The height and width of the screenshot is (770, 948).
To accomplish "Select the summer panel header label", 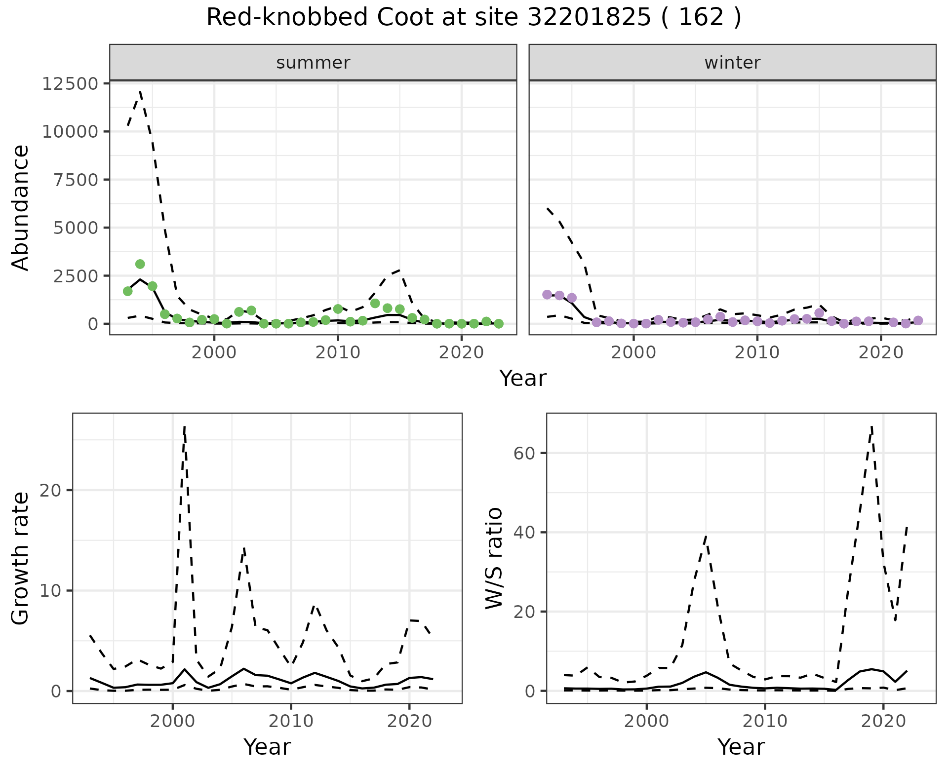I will (x=313, y=63).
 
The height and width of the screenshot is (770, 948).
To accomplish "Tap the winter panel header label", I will (x=732, y=63).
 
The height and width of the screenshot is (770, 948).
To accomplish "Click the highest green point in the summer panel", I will (x=140, y=264).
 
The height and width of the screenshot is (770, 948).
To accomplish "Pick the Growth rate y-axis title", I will (x=21, y=558).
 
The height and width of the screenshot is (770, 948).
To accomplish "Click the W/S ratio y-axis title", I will (x=494, y=558).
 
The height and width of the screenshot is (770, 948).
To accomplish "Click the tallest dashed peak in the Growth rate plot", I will (x=184, y=426).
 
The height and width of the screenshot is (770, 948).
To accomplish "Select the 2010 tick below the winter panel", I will (x=757, y=352).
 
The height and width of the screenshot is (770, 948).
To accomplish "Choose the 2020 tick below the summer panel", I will (x=461, y=352).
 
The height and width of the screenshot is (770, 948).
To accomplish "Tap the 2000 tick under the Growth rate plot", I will (x=172, y=721).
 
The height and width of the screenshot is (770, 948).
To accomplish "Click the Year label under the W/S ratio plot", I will (x=741, y=747).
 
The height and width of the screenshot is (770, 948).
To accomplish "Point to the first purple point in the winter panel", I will (x=547, y=295).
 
